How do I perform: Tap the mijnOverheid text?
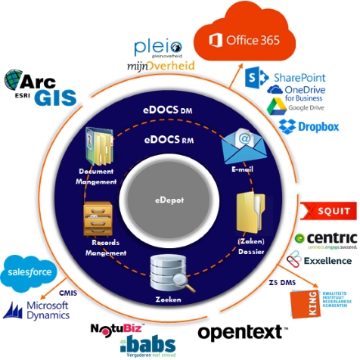click(x=160, y=67)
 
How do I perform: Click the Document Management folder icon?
click(x=98, y=147)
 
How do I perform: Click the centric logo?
click(x=324, y=239)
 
